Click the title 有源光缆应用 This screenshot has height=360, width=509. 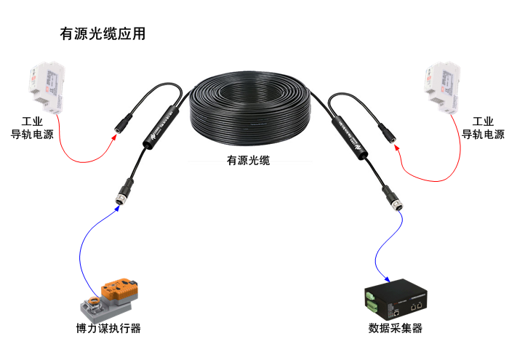[x=103, y=34]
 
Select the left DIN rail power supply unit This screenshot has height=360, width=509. [x=43, y=87]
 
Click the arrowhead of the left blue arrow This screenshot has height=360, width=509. [x=116, y=208]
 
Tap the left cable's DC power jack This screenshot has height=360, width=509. [x=122, y=121]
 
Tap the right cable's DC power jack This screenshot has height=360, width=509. [x=388, y=131]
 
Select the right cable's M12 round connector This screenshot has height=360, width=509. [x=396, y=204]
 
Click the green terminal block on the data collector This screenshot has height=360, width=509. [x=372, y=298]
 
